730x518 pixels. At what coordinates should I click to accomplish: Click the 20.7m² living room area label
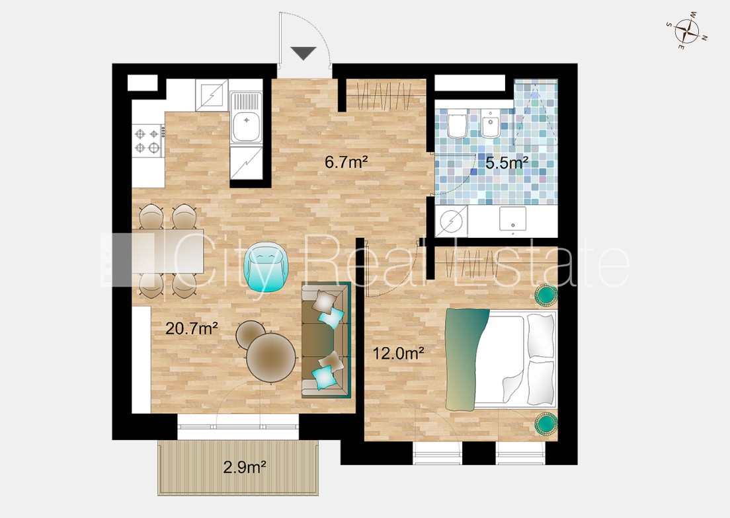(x=192, y=329)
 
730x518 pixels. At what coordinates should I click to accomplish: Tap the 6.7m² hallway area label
(x=346, y=162)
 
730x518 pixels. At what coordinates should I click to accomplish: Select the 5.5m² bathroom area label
(x=507, y=163)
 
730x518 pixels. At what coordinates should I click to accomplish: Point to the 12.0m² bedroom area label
(x=398, y=353)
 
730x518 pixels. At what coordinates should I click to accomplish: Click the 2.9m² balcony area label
(x=245, y=466)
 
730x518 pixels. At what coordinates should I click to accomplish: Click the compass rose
(x=687, y=30)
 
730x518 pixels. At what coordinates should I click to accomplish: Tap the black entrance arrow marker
(x=304, y=53)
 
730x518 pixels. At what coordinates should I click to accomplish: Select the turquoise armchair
(x=268, y=268)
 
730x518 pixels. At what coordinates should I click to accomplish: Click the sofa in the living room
(x=325, y=340)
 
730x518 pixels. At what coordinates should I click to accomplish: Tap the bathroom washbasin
(x=512, y=219)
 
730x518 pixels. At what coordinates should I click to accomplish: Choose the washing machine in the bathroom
(x=451, y=221)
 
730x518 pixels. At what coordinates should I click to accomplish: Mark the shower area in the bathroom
(x=536, y=112)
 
